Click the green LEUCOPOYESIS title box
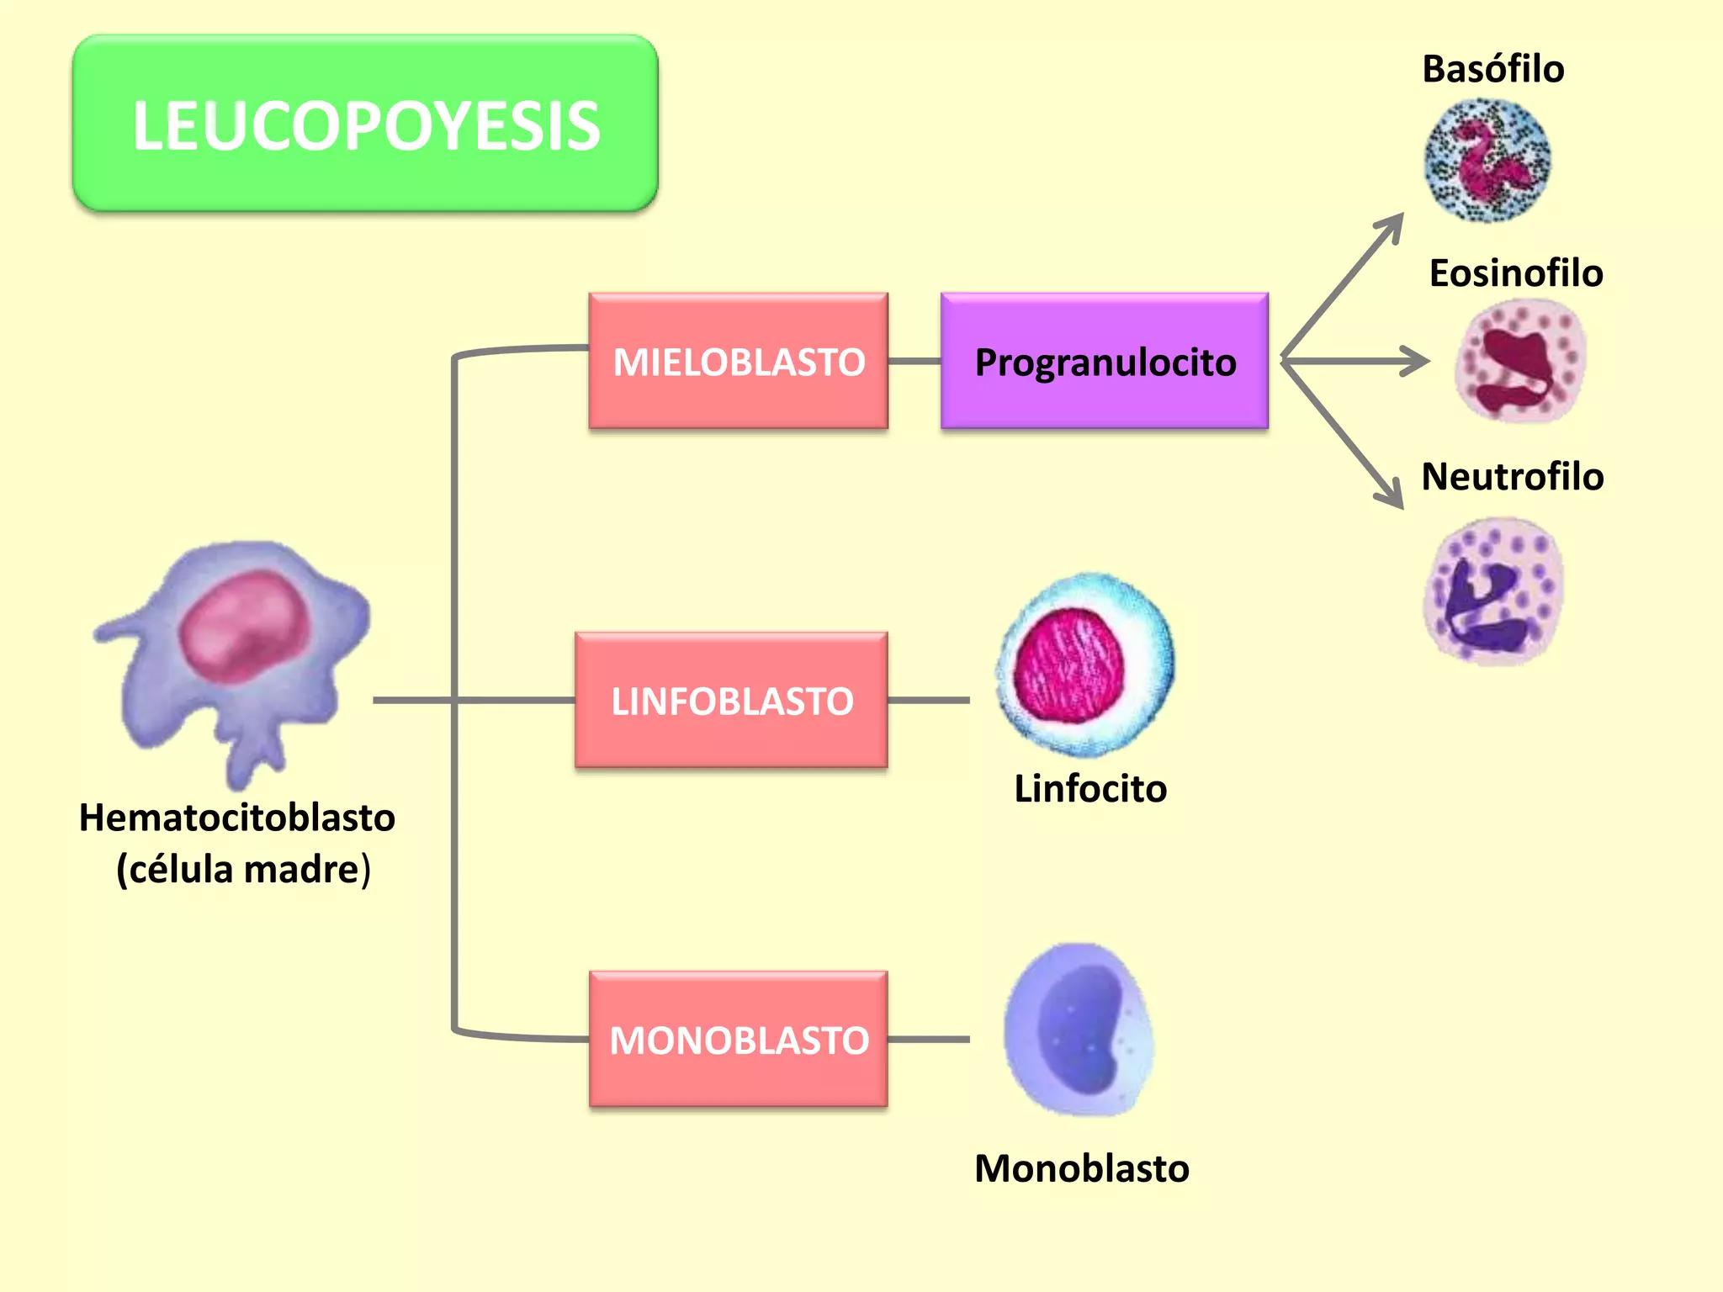[365, 124]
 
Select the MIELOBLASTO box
[738, 362]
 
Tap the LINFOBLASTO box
[731, 701]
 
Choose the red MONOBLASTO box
[738, 1040]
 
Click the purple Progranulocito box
[1104, 362]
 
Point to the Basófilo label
[1492, 69]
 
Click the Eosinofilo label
[1515, 273]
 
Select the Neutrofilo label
[1512, 477]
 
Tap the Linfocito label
[1089, 789]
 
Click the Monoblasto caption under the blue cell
[1081, 1168]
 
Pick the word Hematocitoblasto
[237, 818]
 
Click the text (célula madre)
[243, 869]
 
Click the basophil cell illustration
[1487, 160]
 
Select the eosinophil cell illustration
[1520, 362]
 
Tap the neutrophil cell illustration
[1493, 591]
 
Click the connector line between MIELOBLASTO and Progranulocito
[915, 362]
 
